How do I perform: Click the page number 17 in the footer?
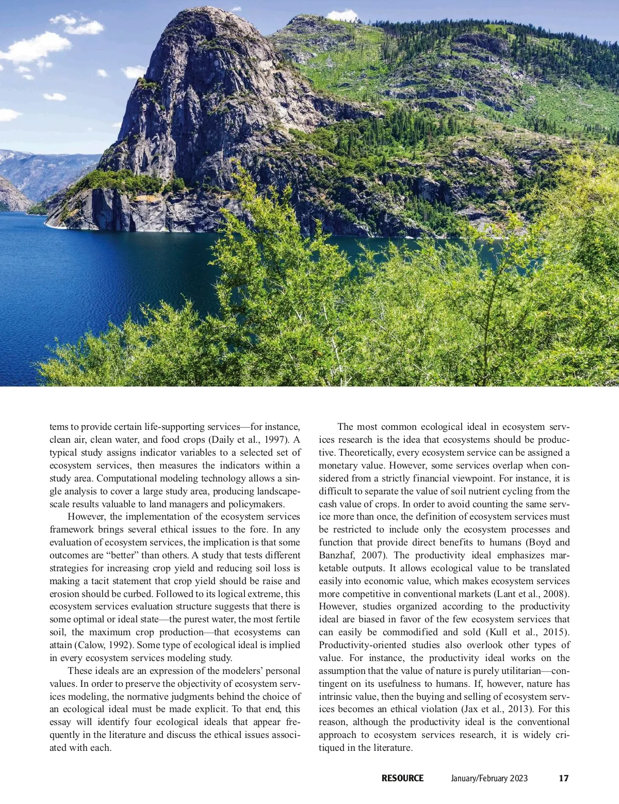coord(564,778)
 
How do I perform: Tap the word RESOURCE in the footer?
coord(402,778)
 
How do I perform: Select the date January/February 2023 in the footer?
coord(489,778)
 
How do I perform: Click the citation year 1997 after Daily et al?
coord(272,440)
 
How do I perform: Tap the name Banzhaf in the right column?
coord(336,555)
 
